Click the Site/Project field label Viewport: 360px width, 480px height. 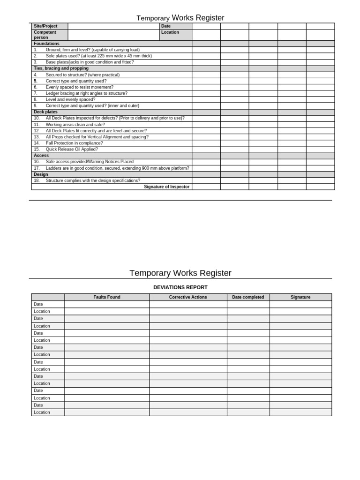pos(45,26)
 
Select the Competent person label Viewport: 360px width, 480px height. pos(45,35)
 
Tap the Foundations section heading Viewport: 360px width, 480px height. pos(46,44)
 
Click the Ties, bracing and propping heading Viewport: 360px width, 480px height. pos(61,68)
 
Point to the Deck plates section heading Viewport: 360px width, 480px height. pos(45,112)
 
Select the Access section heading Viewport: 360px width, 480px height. pos(41,155)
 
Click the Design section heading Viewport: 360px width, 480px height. pos(41,174)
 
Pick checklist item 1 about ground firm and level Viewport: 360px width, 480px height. pos(92,50)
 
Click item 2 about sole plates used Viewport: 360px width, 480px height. pos(98,56)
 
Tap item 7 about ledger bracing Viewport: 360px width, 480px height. pos(86,93)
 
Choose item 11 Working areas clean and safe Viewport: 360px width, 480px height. pos(75,125)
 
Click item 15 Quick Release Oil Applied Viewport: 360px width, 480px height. pos(72,149)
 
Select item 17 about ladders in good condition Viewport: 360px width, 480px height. pos(117,168)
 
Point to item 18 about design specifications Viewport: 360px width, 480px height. pos(93,180)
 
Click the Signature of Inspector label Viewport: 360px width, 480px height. pos(166,187)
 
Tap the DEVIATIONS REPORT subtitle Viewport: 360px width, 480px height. pos(180,287)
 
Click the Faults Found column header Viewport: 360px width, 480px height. pos(107,297)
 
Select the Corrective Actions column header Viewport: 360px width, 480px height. pos(188,297)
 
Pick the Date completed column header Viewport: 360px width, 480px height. pos(248,297)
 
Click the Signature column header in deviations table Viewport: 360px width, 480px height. pos(300,297)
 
